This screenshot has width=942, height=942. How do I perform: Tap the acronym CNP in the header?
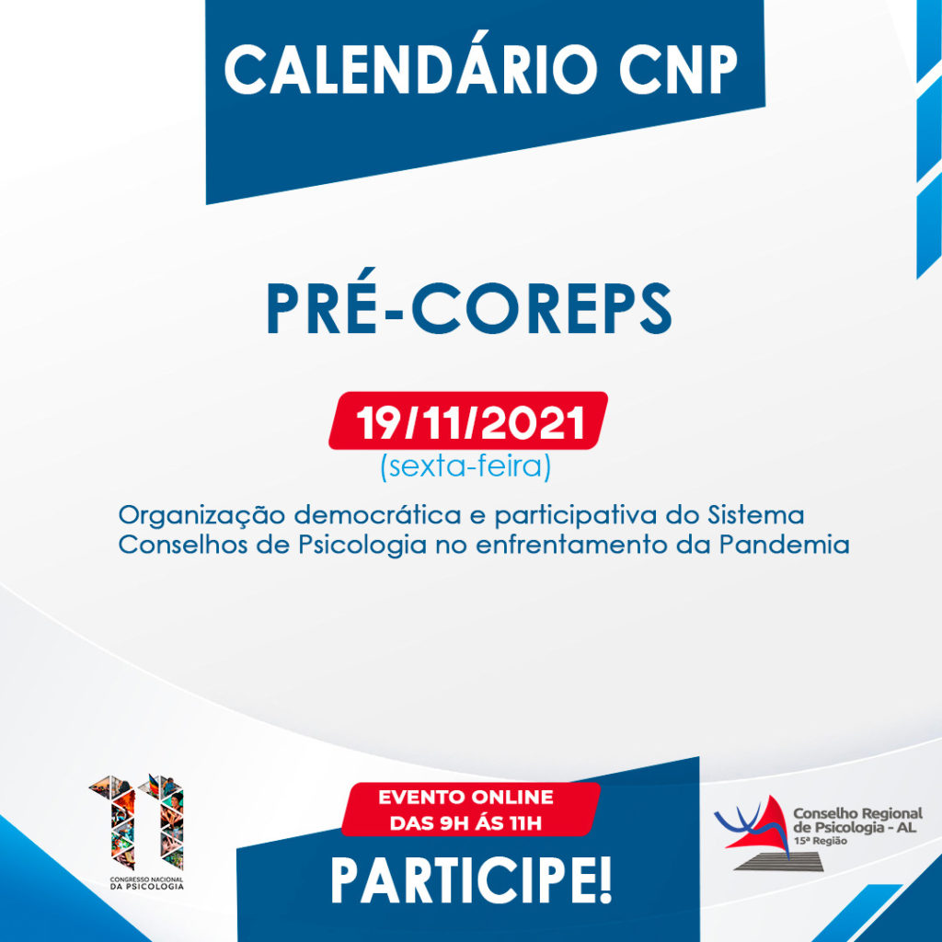tap(678, 69)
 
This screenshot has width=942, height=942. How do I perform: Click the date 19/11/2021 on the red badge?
tap(470, 422)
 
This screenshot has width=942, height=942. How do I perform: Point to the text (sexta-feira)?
tap(465, 466)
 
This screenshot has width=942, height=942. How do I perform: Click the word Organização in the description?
tap(201, 516)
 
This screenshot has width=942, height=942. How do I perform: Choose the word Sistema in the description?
tap(756, 515)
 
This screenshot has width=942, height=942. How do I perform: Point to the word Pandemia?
tap(785, 545)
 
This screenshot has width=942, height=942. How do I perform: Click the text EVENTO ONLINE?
tap(465, 798)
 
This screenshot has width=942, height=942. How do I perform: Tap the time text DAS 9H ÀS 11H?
tap(465, 822)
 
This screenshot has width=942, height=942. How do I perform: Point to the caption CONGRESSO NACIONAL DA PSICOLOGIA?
tap(146, 883)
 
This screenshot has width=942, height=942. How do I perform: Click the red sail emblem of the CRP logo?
tap(759, 826)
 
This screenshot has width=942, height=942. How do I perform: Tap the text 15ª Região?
tap(821, 841)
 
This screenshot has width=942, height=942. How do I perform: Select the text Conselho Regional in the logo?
tap(858, 814)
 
